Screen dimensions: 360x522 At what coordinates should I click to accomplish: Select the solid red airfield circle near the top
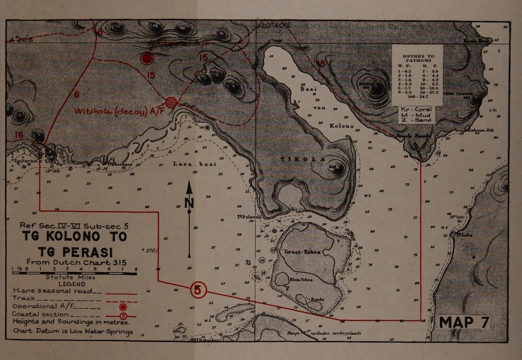point(148,58)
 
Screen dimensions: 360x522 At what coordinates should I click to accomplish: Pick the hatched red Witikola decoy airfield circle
point(171,102)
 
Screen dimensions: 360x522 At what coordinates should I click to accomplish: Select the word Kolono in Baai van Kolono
point(342,126)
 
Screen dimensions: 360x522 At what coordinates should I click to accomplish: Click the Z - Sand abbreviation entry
point(416,120)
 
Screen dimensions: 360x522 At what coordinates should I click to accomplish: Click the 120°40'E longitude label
point(272,25)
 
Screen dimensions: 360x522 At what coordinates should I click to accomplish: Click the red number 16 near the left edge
point(18,135)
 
